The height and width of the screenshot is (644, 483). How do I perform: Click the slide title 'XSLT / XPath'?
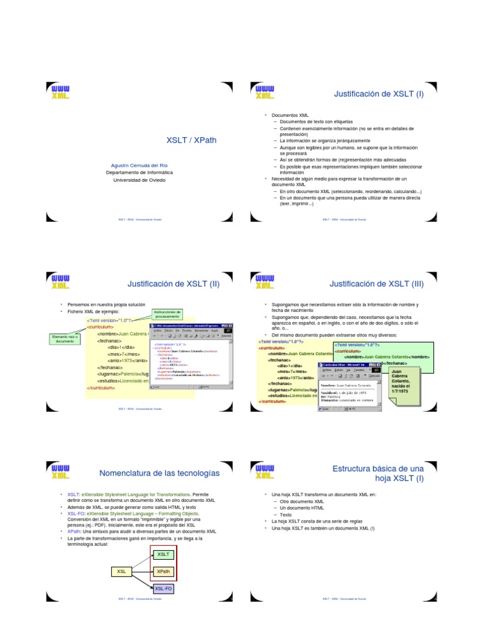[x=191, y=140]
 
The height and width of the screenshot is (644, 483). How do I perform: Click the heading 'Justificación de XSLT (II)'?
[x=173, y=284]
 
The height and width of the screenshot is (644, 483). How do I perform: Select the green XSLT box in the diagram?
[x=164, y=554]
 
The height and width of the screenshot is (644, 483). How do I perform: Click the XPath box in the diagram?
[x=164, y=571]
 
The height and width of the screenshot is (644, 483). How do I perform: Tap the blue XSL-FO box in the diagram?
[x=164, y=589]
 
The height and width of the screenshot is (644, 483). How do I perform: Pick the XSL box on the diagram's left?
[x=122, y=571]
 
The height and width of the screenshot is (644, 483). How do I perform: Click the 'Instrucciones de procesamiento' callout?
[x=168, y=314]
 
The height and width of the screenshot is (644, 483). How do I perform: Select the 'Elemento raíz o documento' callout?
[x=65, y=339]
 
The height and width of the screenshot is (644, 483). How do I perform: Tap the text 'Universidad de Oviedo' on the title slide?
[x=139, y=179]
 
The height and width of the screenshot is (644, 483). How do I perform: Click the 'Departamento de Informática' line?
[x=139, y=172]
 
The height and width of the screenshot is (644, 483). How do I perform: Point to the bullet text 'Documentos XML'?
[x=290, y=115]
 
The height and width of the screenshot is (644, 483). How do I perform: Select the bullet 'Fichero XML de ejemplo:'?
[x=92, y=311]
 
